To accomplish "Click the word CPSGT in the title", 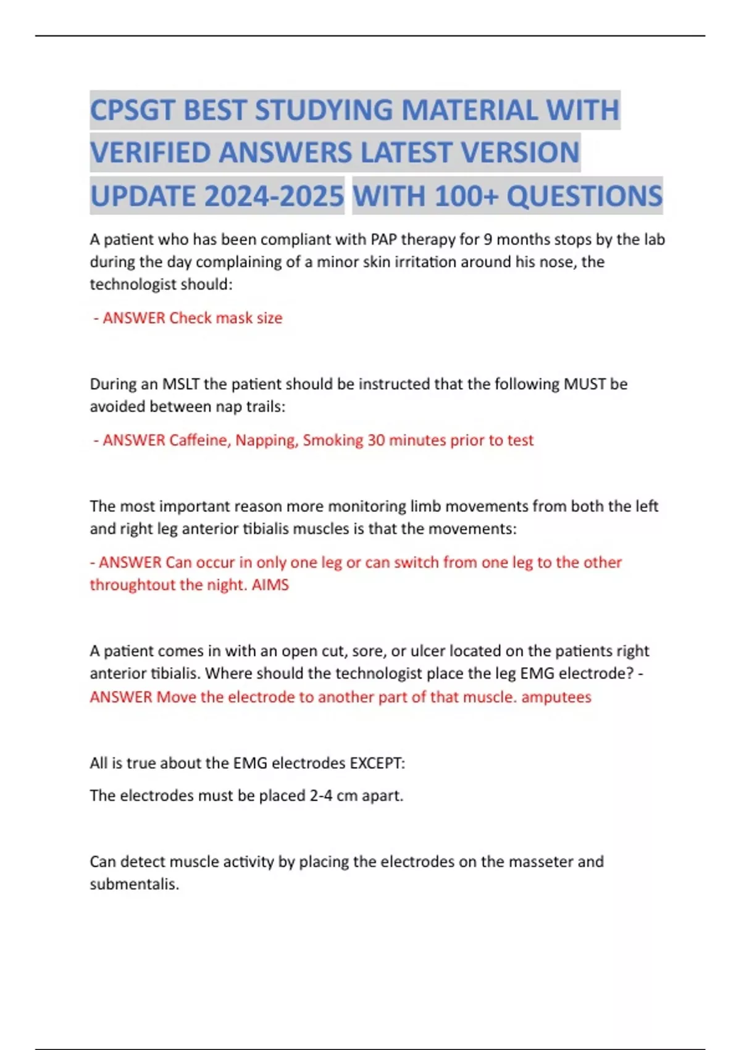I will [x=133, y=111].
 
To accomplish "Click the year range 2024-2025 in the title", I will [x=273, y=196].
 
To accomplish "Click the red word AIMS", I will [x=270, y=585].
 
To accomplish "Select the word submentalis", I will [x=134, y=884].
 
